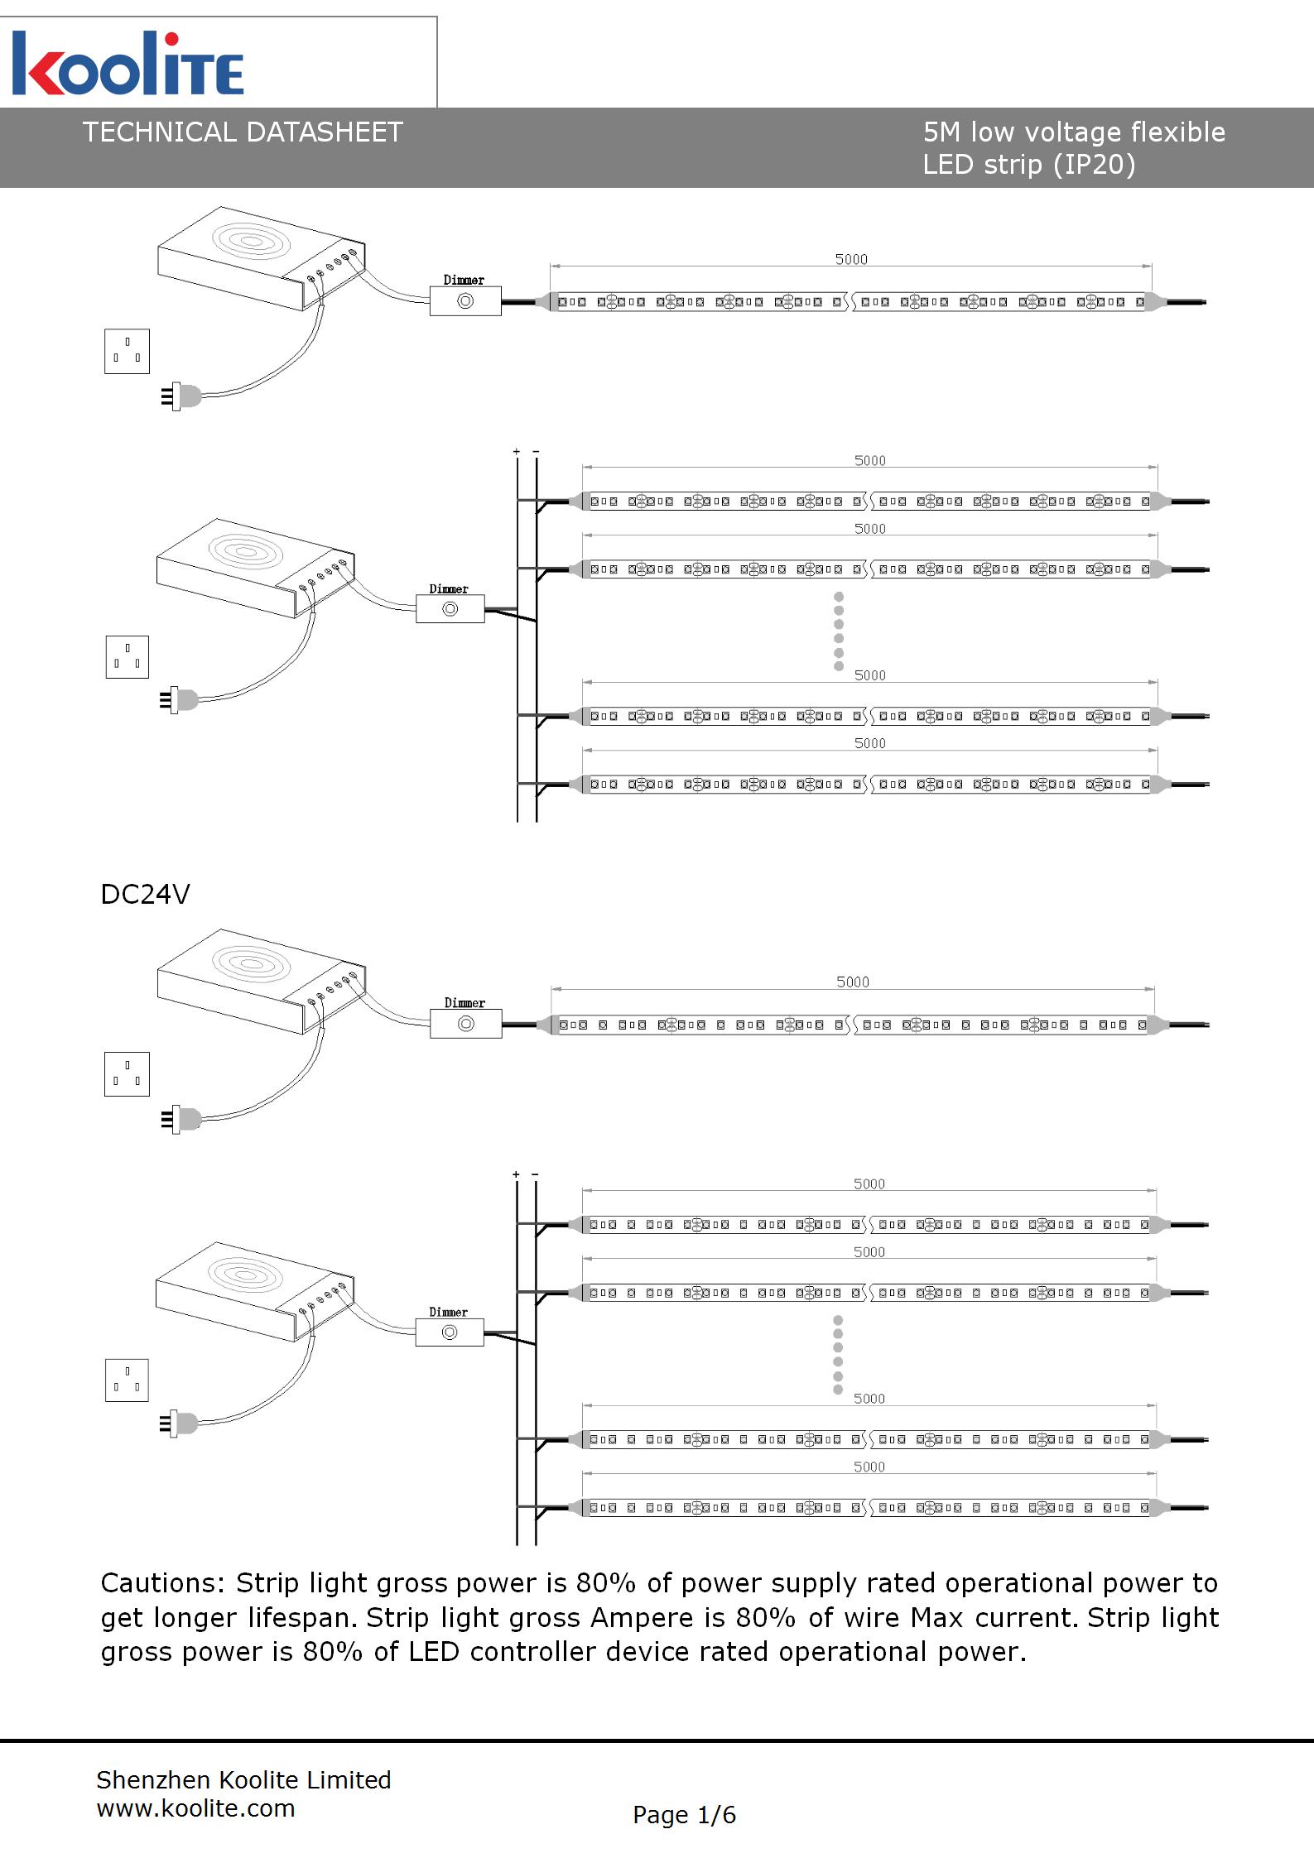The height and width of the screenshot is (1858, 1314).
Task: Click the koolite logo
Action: click(128, 64)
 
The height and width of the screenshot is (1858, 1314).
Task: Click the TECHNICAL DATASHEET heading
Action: click(242, 132)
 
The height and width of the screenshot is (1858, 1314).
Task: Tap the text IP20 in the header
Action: click(1094, 165)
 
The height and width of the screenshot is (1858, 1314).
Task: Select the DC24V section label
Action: click(145, 895)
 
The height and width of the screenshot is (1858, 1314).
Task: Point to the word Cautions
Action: click(161, 1583)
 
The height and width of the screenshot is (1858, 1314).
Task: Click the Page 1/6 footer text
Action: click(684, 1815)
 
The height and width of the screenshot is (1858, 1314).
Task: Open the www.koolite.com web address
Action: click(195, 1808)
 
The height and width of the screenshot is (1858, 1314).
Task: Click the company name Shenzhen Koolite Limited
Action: click(243, 1780)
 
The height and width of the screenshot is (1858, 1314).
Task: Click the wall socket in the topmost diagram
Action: click(127, 351)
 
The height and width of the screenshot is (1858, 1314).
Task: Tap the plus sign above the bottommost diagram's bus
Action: click(516, 1174)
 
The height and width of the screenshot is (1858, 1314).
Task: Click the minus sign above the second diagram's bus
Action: click(536, 452)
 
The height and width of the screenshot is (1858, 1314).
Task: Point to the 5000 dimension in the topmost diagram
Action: click(851, 259)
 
